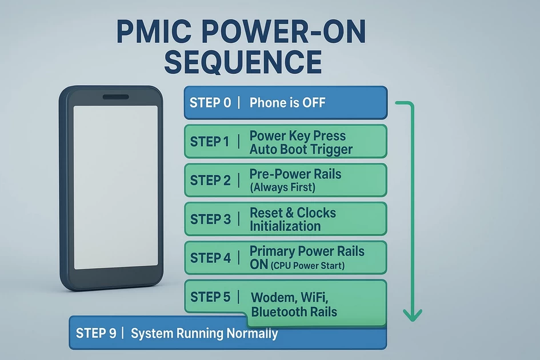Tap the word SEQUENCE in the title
tap(242, 62)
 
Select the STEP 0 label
tap(210, 103)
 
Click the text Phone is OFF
tap(287, 103)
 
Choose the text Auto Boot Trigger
tap(301, 150)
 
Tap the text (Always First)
tap(282, 187)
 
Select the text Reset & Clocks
tap(293, 213)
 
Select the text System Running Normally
tap(204, 333)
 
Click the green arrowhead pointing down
tap(412, 314)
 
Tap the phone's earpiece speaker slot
tap(115, 97)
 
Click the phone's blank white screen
tap(115, 186)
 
